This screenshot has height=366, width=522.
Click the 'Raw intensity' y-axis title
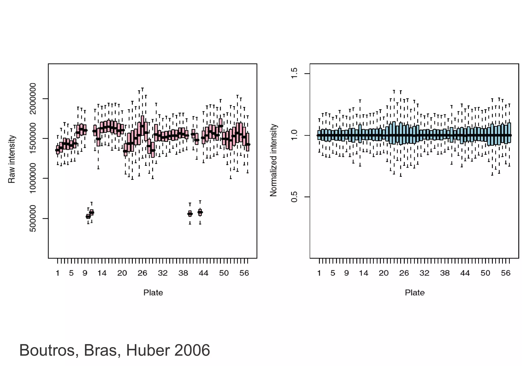[12, 159]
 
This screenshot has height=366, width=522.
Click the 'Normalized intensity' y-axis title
[273, 160]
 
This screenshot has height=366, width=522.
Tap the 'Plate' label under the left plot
[153, 292]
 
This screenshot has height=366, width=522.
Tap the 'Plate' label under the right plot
[415, 292]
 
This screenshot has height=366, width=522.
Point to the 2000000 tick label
[33, 99]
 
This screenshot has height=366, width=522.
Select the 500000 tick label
[33, 218]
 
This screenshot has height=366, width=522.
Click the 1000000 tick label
[33, 178]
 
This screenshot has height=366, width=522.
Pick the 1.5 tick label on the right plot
[294, 73]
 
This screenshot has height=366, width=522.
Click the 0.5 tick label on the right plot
[294, 197]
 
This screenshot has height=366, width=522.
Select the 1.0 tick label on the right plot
[294, 135]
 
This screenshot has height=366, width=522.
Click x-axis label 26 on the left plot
[142, 273]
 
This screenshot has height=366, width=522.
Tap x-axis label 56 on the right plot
[506, 273]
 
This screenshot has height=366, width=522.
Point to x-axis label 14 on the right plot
[363, 273]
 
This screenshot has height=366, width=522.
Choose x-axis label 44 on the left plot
[203, 273]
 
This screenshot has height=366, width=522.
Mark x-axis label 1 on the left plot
[58, 273]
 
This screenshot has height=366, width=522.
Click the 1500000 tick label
[33, 138]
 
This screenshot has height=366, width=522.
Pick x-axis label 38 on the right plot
[445, 273]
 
